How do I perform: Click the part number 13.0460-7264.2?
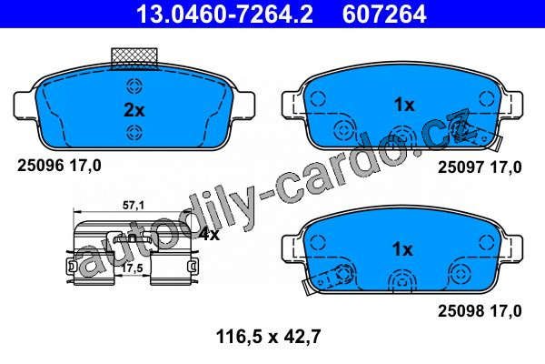tap(225, 14)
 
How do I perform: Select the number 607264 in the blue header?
tap(384, 14)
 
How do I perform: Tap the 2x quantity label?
tap(134, 110)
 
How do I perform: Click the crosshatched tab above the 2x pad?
tap(134, 57)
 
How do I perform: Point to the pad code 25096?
tap(41, 165)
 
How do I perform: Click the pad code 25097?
tap(461, 167)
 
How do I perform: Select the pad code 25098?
tap(461, 310)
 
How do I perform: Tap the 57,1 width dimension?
tap(134, 206)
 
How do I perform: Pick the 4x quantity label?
tap(209, 235)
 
